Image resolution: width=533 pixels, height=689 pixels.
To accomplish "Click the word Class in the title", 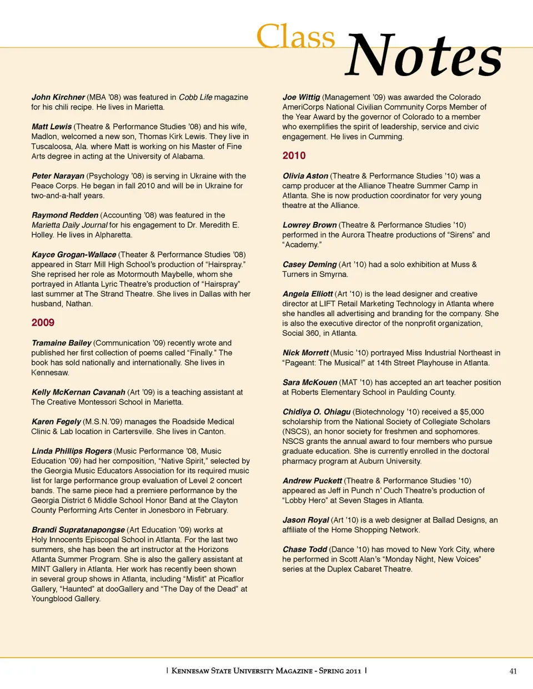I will click(295, 37).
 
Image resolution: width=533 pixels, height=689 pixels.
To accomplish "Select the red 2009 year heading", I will click(43, 323).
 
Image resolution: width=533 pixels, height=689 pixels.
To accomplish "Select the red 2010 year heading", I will click(294, 156).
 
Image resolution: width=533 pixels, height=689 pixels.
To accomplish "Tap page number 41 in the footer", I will click(513, 671).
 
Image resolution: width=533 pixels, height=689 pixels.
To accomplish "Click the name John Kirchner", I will click(58, 97).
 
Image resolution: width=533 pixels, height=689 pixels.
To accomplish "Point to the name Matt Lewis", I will click(52, 126).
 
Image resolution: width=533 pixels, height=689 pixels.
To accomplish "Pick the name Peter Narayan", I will click(58, 176).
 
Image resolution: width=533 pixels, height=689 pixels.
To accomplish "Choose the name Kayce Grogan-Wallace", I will click(74, 255).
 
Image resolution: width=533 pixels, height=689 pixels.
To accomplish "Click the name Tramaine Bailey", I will click(61, 343).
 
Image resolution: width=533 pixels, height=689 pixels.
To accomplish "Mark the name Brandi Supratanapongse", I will click(78, 530).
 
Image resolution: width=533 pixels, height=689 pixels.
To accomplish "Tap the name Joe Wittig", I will click(301, 97).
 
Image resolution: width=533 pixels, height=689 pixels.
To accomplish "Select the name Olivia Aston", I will click(305, 176).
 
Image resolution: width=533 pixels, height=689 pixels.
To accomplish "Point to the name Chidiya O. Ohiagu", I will click(316, 412).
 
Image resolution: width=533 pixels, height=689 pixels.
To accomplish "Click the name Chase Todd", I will click(305, 549).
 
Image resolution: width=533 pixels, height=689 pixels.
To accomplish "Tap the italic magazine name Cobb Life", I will click(195, 97).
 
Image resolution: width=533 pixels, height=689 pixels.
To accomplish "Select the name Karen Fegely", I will click(56, 422).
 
